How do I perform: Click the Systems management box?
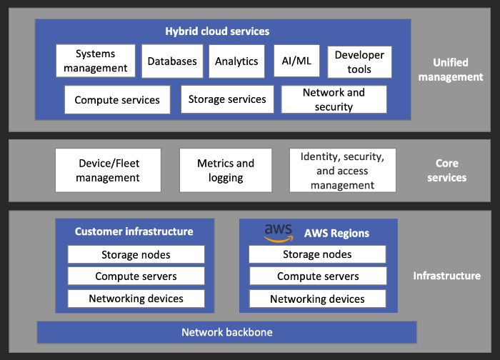click(x=95, y=61)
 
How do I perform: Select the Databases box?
click(x=172, y=61)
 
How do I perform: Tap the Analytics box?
click(x=236, y=61)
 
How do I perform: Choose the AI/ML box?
click(x=296, y=61)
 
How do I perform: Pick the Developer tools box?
click(x=359, y=61)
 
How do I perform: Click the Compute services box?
click(x=117, y=100)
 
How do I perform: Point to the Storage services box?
click(x=227, y=99)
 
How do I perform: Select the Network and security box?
click(x=334, y=100)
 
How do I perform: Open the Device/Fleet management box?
click(x=108, y=170)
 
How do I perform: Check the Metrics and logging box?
click(x=226, y=170)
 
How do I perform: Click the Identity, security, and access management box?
click(x=342, y=170)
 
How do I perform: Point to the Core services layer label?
click(x=447, y=170)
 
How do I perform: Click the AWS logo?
click(x=278, y=232)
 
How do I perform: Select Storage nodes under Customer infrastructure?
click(x=136, y=254)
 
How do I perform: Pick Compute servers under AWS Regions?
click(x=317, y=276)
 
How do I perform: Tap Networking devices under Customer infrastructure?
click(x=136, y=299)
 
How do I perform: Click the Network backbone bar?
click(x=226, y=332)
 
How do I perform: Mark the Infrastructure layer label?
click(x=447, y=276)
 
